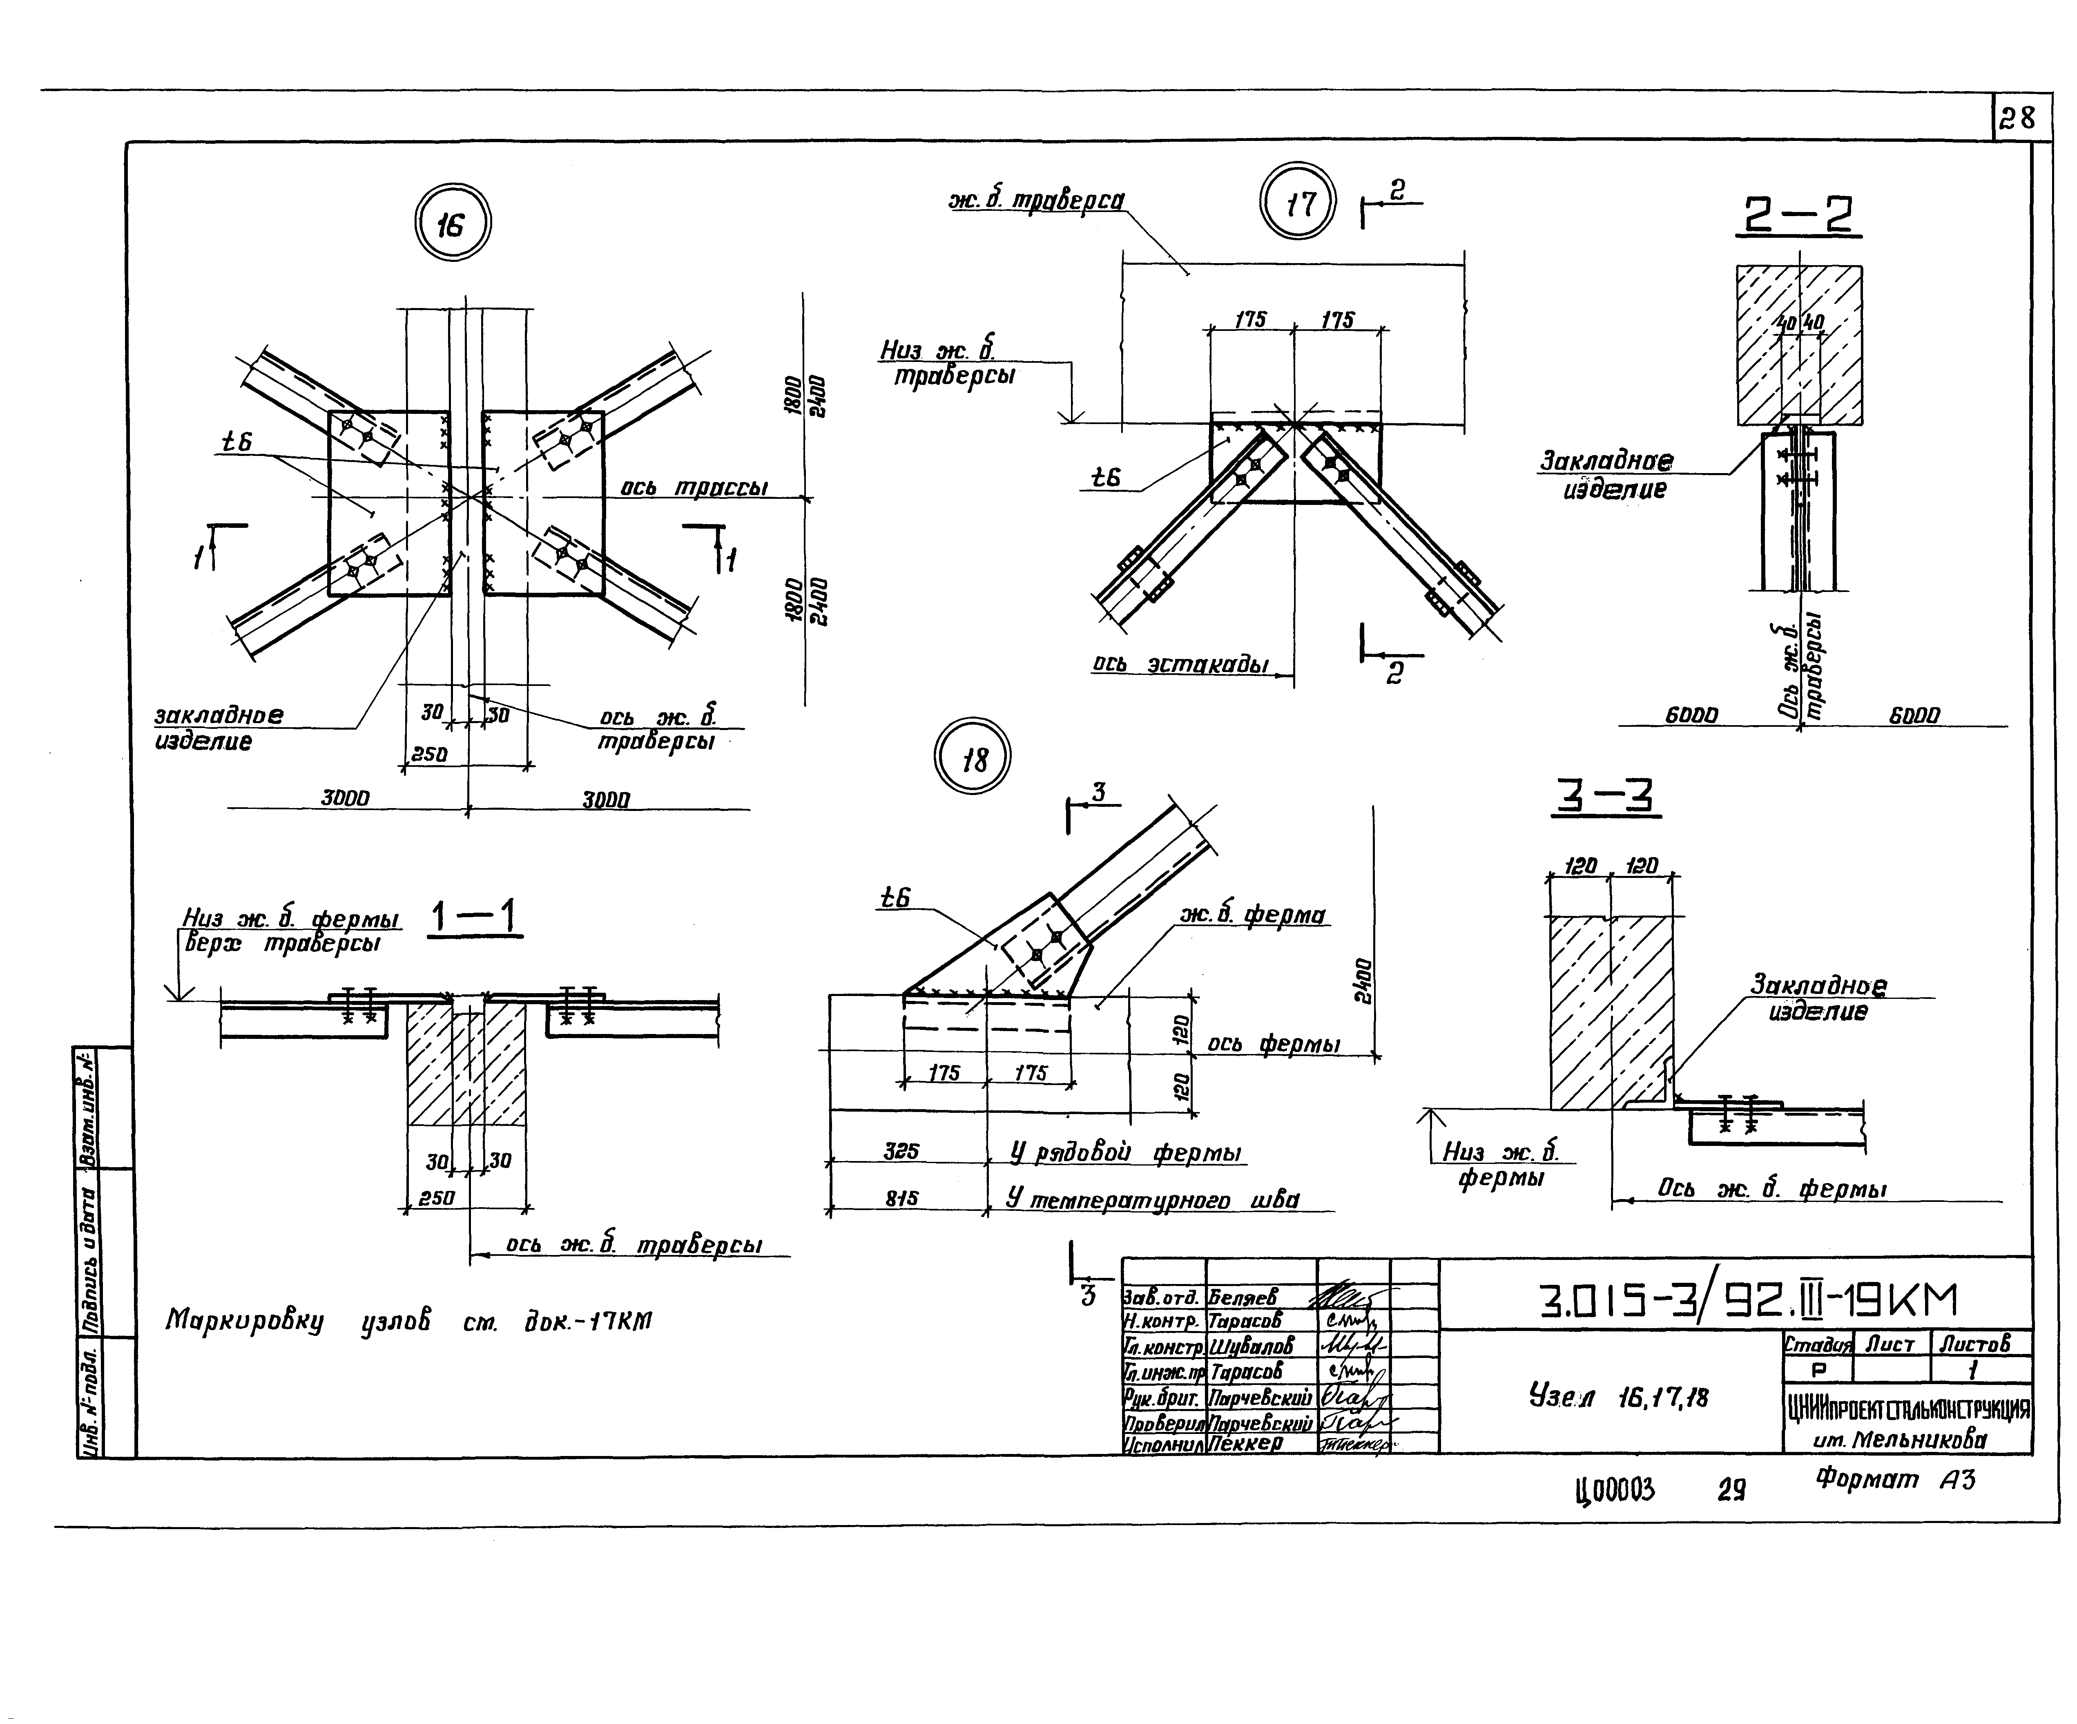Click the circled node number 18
coord(974,759)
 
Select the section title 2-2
coord(1797,216)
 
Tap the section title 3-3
coord(1605,797)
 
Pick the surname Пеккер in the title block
coord(1245,1443)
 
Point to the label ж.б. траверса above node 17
coord(1035,201)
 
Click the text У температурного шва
coord(1152,1200)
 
